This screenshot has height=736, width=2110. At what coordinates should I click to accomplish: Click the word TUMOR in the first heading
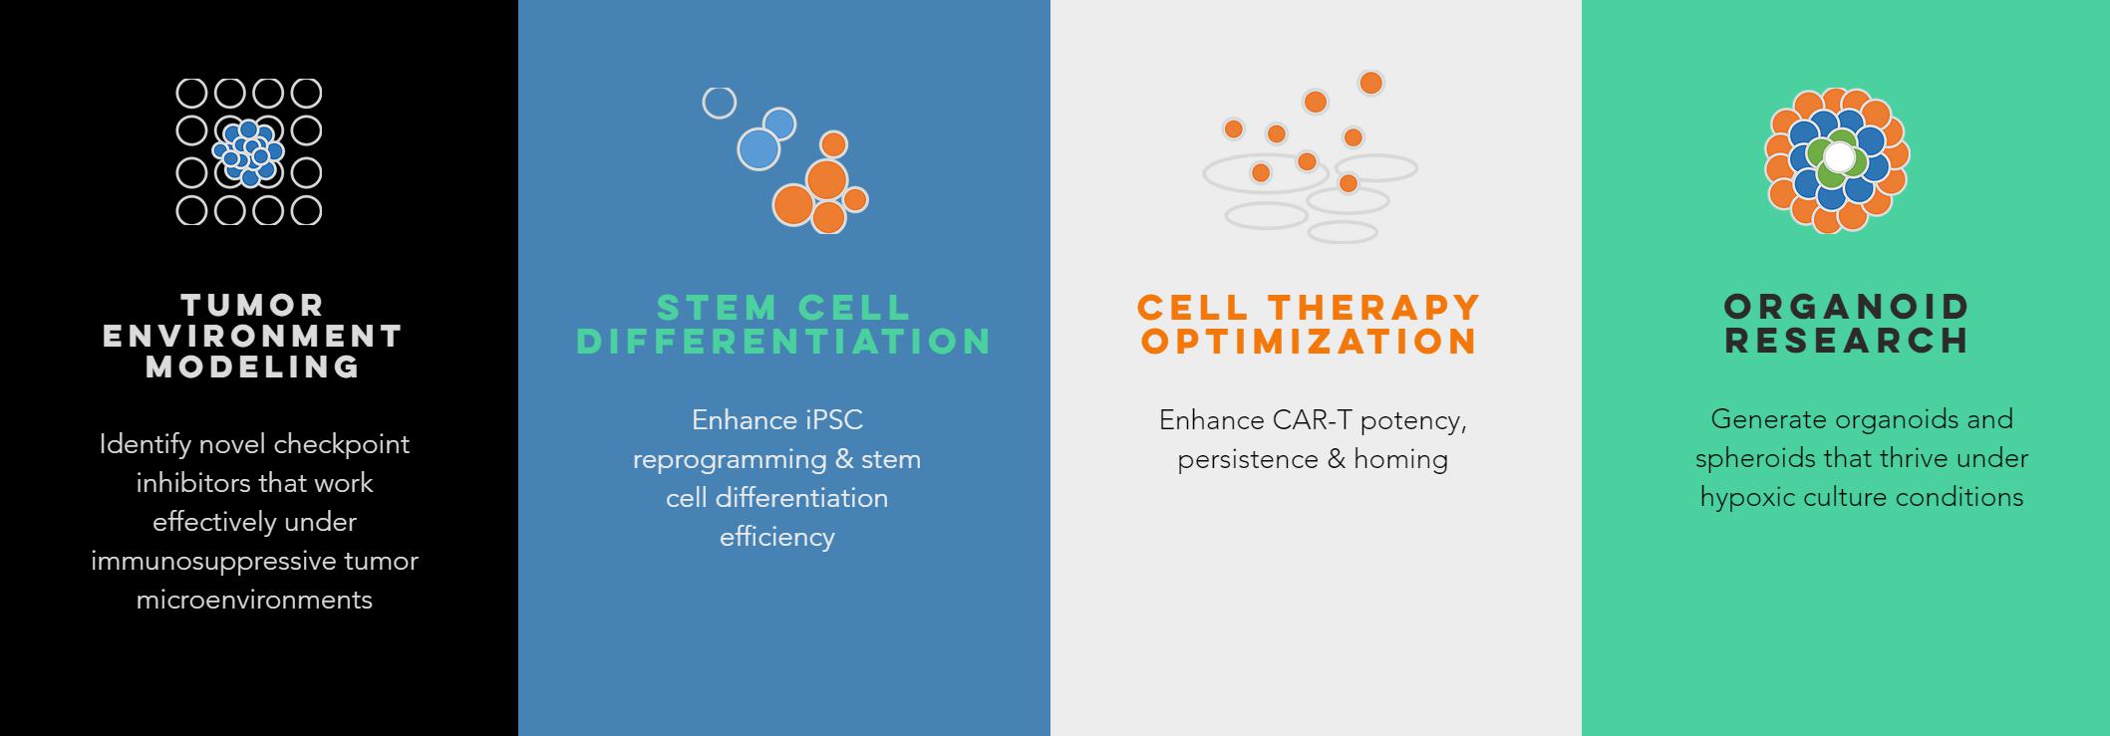(x=253, y=305)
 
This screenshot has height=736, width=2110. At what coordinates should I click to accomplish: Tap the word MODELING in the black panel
(x=253, y=367)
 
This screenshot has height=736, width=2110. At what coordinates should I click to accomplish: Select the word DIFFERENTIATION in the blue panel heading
(x=784, y=342)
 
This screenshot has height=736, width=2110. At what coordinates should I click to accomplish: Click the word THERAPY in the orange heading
(x=1376, y=306)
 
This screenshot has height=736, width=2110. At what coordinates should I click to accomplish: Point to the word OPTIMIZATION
(x=1310, y=342)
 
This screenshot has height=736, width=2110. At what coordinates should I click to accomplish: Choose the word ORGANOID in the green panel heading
(x=1848, y=306)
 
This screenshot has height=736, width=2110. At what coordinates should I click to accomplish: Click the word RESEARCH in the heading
(x=1848, y=341)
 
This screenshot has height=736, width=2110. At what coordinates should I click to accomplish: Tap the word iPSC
(x=833, y=420)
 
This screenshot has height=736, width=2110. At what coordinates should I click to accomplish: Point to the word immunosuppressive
(x=214, y=562)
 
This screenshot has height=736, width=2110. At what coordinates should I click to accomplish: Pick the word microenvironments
(x=254, y=600)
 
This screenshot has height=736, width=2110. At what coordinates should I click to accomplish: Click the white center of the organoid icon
(x=1839, y=157)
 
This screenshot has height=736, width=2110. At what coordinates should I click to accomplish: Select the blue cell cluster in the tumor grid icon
(x=248, y=152)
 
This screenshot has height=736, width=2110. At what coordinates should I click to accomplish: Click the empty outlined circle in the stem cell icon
(x=720, y=103)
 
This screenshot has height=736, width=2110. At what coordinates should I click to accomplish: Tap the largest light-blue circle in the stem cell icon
(x=758, y=149)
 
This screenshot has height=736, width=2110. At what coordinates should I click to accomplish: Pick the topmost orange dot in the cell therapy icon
(x=1371, y=83)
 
